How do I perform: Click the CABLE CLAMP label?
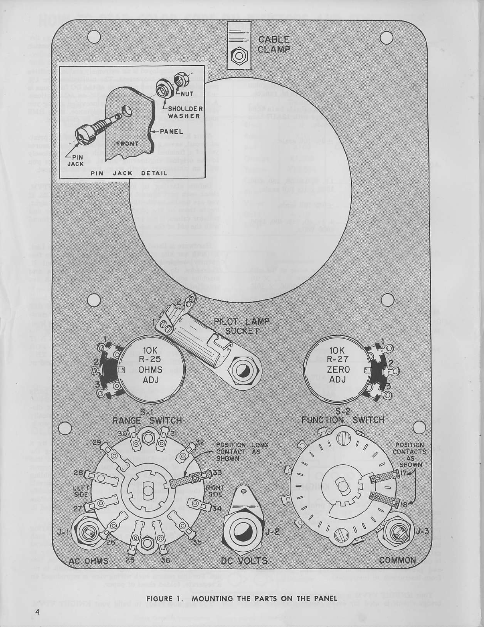click(273, 44)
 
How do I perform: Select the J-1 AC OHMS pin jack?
click(87, 532)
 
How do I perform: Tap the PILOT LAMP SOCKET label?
click(242, 326)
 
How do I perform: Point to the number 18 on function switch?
click(404, 505)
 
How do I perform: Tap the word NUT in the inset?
click(187, 93)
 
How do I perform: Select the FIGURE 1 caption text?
click(241, 599)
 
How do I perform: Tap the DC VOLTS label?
click(244, 560)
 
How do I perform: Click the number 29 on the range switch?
click(96, 442)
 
